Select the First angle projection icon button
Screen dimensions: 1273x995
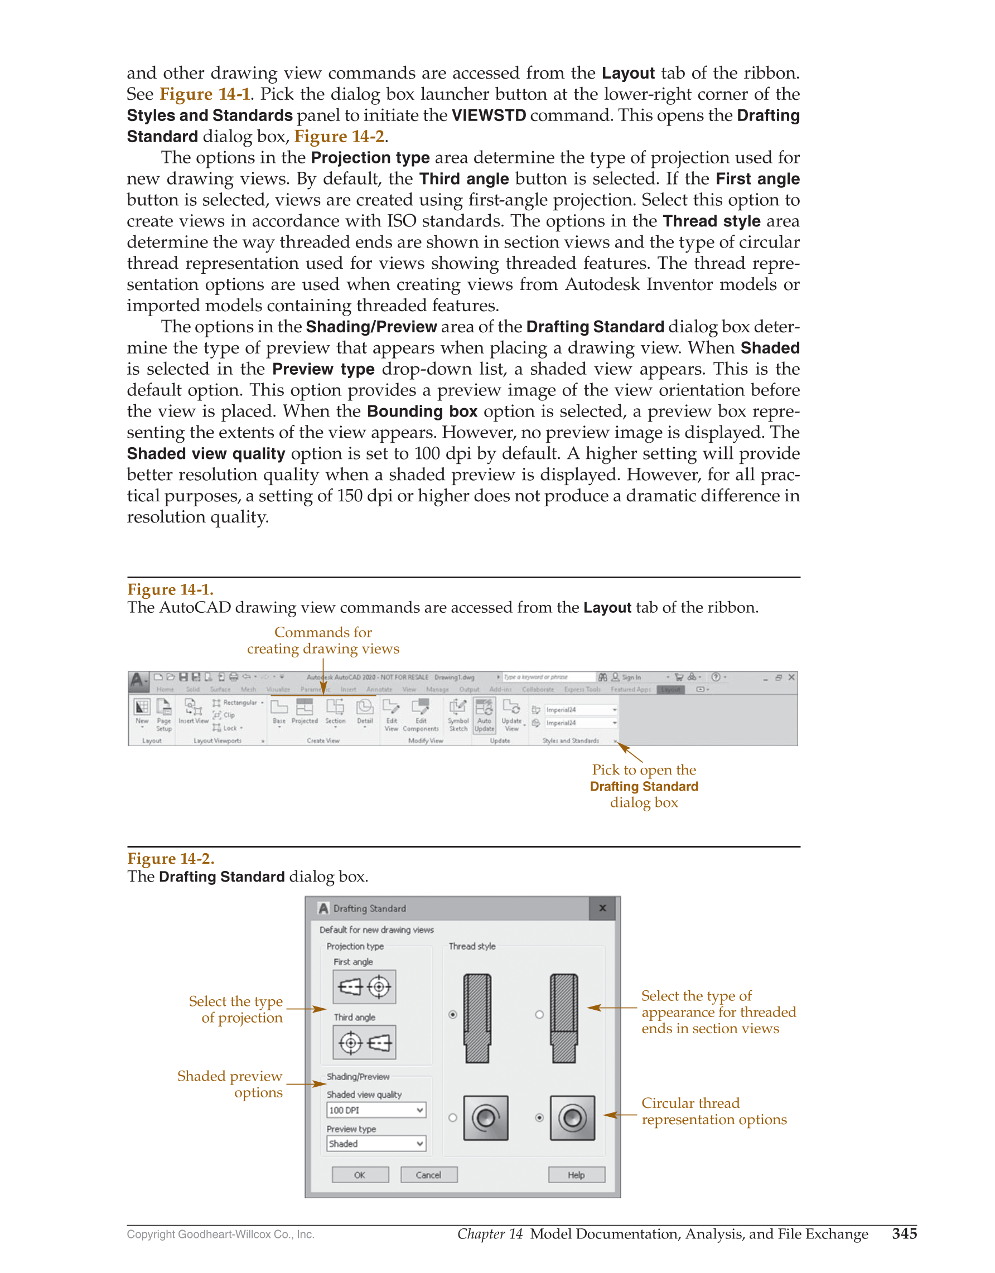(364, 987)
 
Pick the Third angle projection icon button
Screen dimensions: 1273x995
(364, 1042)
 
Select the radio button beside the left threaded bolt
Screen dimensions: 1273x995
(452, 1015)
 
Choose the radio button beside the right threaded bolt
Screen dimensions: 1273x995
(539, 1015)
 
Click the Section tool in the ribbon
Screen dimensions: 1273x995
(335, 711)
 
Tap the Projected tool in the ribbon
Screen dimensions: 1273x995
(305, 711)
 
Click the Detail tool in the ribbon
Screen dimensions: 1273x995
(365, 711)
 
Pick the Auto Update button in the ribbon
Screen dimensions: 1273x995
(484, 715)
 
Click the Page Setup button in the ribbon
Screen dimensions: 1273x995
(164, 715)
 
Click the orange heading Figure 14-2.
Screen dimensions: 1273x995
(171, 859)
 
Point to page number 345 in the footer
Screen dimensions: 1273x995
(904, 1233)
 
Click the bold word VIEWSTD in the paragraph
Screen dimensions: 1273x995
(489, 115)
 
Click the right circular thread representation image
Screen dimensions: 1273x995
(572, 1118)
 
